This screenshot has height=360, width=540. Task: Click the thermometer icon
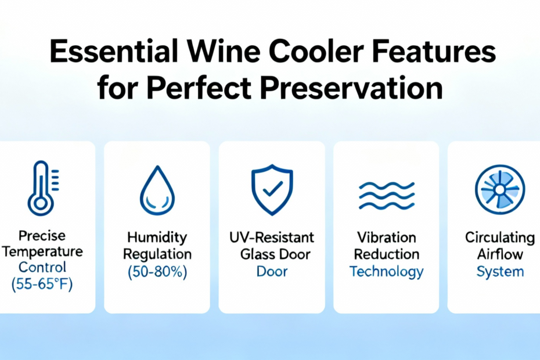[x=41, y=189]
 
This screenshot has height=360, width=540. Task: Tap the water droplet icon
[x=157, y=190]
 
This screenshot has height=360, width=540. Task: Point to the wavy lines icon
[x=386, y=196]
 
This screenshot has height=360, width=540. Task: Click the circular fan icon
[x=500, y=189]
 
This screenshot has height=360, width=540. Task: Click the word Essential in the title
[x=114, y=51]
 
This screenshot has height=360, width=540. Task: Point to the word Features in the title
[x=434, y=51]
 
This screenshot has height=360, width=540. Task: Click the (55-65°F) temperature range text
[x=42, y=284]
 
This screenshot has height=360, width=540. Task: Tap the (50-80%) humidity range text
[x=157, y=272]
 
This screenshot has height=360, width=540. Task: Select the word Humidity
[x=157, y=237]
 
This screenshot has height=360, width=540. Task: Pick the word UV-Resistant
[x=272, y=237]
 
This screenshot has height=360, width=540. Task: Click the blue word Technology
[x=386, y=272]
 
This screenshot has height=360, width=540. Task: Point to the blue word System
[x=500, y=272]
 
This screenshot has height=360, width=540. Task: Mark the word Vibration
[x=386, y=237]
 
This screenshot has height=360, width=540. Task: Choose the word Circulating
[x=500, y=237]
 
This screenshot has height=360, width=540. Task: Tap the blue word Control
[x=42, y=267]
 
